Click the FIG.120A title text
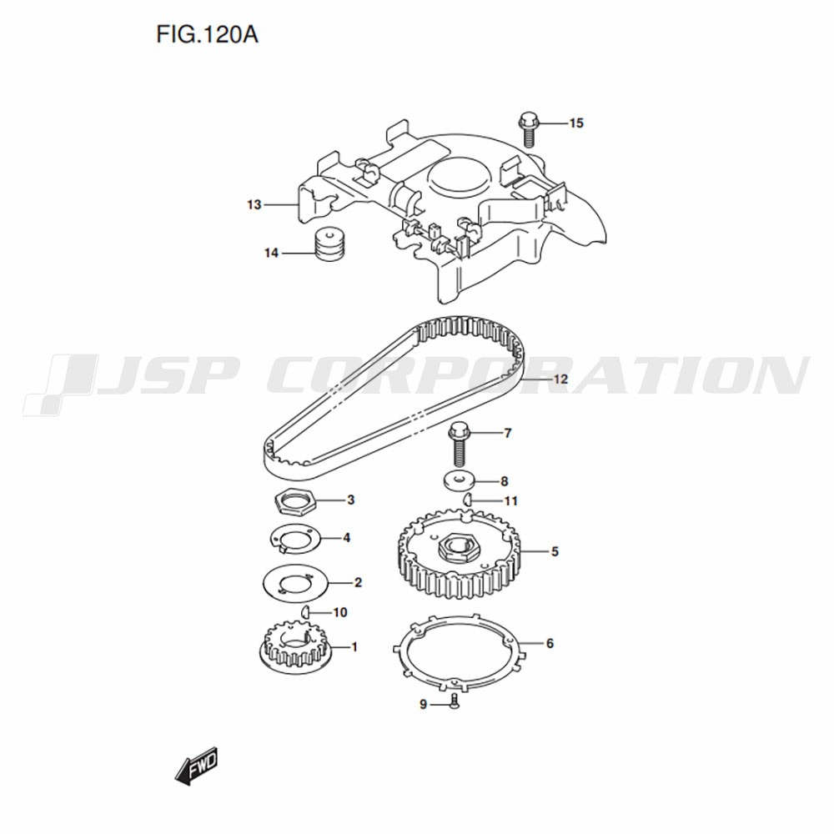click(x=207, y=35)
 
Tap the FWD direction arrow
click(x=197, y=766)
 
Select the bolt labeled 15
click(x=528, y=128)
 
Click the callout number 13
click(x=254, y=205)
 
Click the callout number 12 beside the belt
click(x=560, y=379)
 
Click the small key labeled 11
click(x=467, y=500)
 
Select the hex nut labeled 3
click(x=295, y=500)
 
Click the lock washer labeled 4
click(x=295, y=538)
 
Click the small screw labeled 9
click(x=455, y=701)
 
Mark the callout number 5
click(x=555, y=551)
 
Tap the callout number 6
click(x=550, y=644)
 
